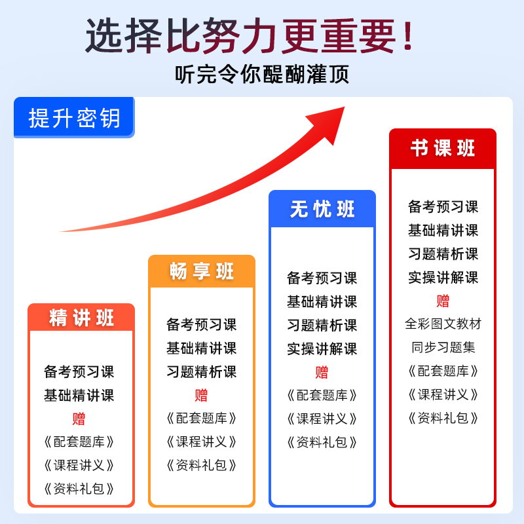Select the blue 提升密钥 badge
pyautogui.click(x=74, y=118)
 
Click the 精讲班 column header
pyautogui.click(x=81, y=318)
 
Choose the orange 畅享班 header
pyautogui.click(x=202, y=271)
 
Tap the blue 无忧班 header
pyautogui.click(x=322, y=209)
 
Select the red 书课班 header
pyautogui.click(x=443, y=148)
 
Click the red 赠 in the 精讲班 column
pyautogui.click(x=79, y=419)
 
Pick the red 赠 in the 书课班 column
pyautogui.click(x=443, y=301)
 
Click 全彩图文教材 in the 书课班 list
pyautogui.click(x=443, y=324)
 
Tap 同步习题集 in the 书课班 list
pyautogui.click(x=443, y=347)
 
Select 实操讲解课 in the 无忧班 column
pyautogui.click(x=322, y=348)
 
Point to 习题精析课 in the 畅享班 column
pyautogui.click(x=201, y=371)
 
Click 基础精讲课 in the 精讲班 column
pyautogui.click(x=79, y=396)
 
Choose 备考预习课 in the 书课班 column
pyautogui.click(x=443, y=207)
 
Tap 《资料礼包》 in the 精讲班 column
pyautogui.click(x=79, y=489)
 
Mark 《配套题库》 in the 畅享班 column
pyautogui.click(x=201, y=418)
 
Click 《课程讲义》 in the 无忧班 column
pyautogui.click(x=322, y=419)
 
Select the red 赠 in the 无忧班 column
pyautogui.click(x=322, y=372)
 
